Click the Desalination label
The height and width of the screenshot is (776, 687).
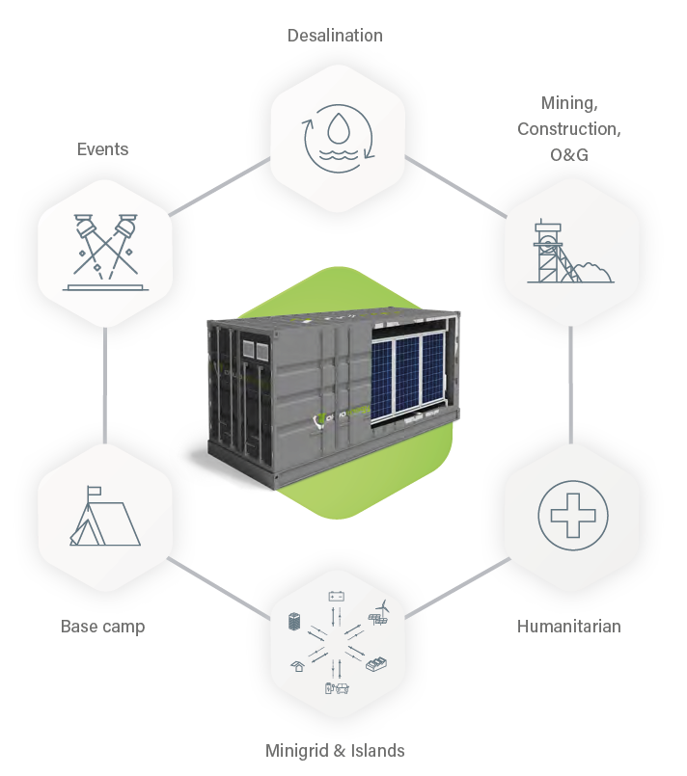click(335, 36)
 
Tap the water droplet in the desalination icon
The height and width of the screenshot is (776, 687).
click(339, 127)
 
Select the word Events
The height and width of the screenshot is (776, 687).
click(102, 149)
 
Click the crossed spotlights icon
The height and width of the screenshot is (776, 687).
click(105, 252)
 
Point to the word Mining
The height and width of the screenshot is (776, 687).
click(569, 103)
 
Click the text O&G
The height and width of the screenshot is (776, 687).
click(569, 155)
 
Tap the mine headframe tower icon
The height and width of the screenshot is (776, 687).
click(554, 251)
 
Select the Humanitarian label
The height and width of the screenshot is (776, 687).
click(568, 627)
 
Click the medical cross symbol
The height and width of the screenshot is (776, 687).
click(573, 515)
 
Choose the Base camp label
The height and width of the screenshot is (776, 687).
click(102, 627)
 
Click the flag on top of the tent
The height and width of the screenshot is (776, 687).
click(94, 492)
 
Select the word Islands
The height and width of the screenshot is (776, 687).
click(377, 751)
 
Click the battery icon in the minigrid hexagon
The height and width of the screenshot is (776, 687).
click(337, 596)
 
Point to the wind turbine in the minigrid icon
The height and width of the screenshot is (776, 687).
click(383, 607)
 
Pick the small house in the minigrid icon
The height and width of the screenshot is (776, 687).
click(298, 666)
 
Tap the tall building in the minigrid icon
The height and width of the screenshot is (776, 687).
click(294, 621)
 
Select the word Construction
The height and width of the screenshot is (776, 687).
click(568, 129)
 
